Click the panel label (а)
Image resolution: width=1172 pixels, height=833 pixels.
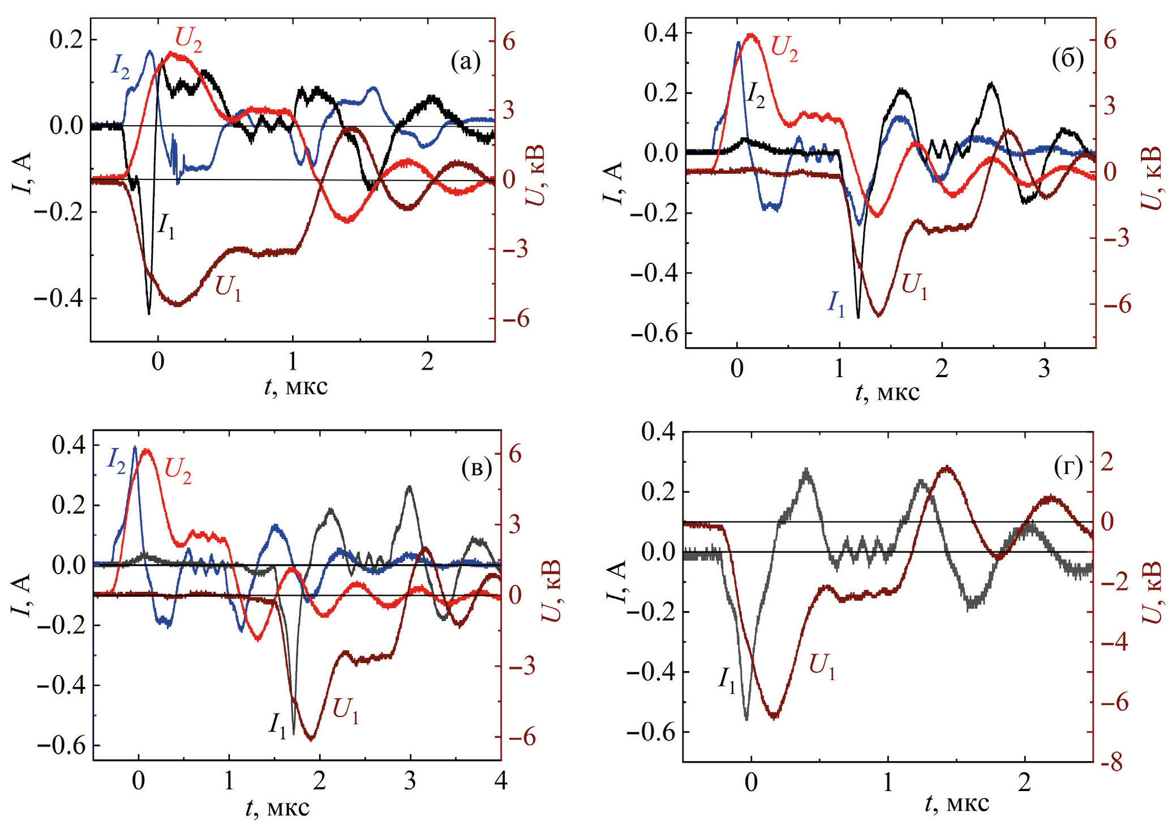pyautogui.click(x=465, y=62)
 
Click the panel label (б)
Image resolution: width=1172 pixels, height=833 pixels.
pyautogui.click(x=1067, y=58)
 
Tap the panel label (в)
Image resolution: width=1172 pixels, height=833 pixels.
pyautogui.click(x=476, y=468)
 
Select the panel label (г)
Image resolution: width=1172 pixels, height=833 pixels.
pyautogui.click(x=1068, y=467)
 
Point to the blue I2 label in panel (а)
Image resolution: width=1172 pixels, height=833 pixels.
pyautogui.click(x=120, y=67)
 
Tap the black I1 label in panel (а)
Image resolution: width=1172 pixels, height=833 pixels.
pyautogui.click(x=166, y=227)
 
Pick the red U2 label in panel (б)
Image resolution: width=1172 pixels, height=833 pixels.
pyautogui.click(x=784, y=49)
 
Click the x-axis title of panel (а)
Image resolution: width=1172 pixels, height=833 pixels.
pyautogui.click(x=296, y=387)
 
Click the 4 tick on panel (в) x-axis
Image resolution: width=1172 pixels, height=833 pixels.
pyautogui.click(x=501, y=781)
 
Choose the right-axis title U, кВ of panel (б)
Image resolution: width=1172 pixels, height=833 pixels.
pyautogui.click(x=1153, y=178)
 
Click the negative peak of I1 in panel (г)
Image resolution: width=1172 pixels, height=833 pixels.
pyautogui.click(x=747, y=719)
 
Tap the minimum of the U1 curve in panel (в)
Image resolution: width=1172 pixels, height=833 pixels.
pyautogui.click(x=311, y=740)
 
